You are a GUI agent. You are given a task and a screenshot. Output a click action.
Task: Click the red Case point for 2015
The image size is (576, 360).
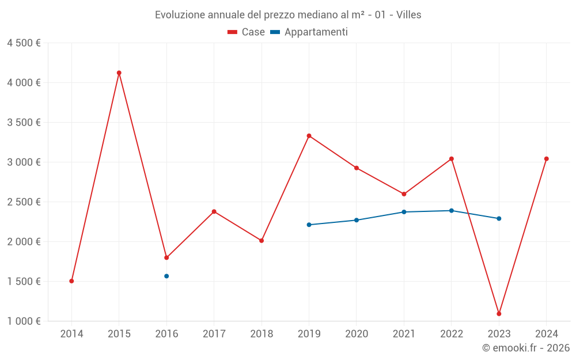pyautogui.click(x=119, y=73)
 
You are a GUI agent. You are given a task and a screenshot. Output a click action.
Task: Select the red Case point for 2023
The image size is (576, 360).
pyautogui.click(x=499, y=314)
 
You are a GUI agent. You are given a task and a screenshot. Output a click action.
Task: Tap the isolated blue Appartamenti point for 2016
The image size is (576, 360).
pyautogui.click(x=166, y=276)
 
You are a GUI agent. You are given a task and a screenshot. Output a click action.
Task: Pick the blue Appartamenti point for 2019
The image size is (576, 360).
pyautogui.click(x=309, y=225)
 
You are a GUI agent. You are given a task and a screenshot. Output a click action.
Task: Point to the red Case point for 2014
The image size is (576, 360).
pyautogui.click(x=71, y=281)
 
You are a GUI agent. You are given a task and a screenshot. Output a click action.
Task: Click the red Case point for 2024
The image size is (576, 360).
pyautogui.click(x=547, y=159)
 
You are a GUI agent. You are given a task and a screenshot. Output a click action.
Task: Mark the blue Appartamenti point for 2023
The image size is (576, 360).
pyautogui.click(x=499, y=218)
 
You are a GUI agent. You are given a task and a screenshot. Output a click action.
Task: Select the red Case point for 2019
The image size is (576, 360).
pyautogui.click(x=309, y=136)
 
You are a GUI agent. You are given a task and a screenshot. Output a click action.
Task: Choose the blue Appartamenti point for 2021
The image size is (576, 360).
pyautogui.click(x=404, y=212)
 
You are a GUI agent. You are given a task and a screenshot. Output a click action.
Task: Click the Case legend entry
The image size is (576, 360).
pyautogui.click(x=247, y=32)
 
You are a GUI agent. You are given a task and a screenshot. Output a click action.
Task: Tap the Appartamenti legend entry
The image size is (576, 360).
pyautogui.click(x=309, y=32)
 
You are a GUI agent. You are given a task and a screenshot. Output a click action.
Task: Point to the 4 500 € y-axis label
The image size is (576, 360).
pyautogui.click(x=24, y=43)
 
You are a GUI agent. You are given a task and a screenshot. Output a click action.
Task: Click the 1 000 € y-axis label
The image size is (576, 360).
pyautogui.click(x=24, y=321)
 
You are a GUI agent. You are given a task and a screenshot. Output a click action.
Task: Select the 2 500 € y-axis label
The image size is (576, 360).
pyautogui.click(x=24, y=202)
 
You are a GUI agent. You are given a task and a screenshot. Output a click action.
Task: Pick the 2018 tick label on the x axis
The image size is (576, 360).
pyautogui.click(x=262, y=334)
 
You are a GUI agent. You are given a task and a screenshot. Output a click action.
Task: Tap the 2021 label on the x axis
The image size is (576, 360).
pyautogui.click(x=404, y=334)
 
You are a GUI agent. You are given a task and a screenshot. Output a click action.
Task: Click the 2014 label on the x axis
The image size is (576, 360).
pyautogui.click(x=71, y=334)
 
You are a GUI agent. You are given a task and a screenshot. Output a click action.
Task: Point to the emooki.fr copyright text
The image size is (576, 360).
pyautogui.click(x=526, y=348)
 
